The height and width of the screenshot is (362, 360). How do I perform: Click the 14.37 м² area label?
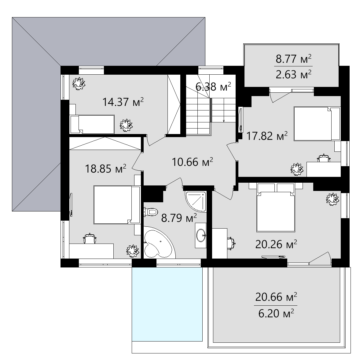[123, 102]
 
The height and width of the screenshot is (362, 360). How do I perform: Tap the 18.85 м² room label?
[106, 169]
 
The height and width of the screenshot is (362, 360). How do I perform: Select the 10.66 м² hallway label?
[192, 162]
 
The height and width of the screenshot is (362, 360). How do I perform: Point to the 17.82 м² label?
[267, 136]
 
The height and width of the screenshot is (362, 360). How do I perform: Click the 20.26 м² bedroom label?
[276, 244]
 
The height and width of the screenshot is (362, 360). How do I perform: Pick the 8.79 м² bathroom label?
[179, 218]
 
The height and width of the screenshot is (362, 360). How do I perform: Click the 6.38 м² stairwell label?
[213, 87]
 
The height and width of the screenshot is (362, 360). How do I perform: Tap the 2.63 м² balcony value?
[294, 74]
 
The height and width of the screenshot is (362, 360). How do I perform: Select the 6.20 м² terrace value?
[276, 314]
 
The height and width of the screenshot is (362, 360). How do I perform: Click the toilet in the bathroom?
[151, 212]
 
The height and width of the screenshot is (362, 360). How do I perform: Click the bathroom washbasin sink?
[201, 236]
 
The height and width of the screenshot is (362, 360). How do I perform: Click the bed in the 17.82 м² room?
[317, 124]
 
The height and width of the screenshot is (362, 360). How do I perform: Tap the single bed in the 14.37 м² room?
[92, 124]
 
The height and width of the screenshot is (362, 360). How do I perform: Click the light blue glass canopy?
[167, 304]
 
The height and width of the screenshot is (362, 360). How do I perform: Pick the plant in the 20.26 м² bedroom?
[332, 199]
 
